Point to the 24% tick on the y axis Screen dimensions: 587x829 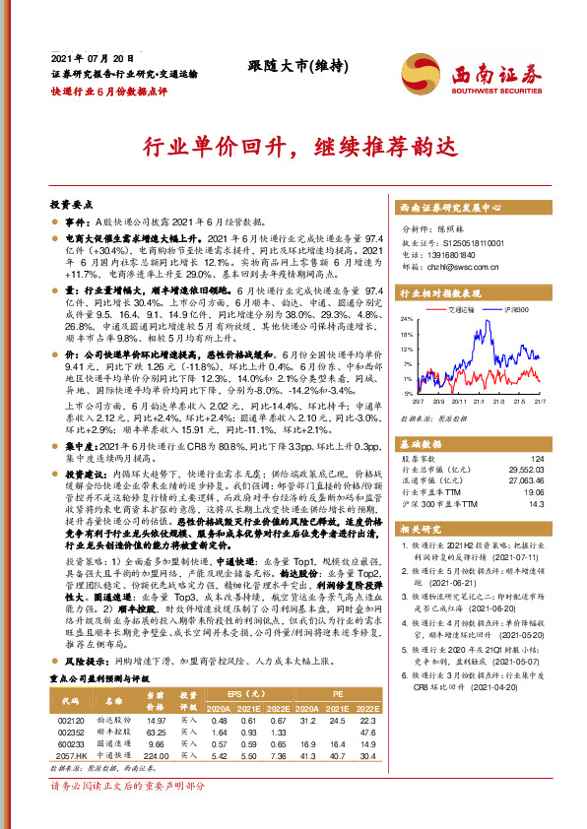[405, 320]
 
